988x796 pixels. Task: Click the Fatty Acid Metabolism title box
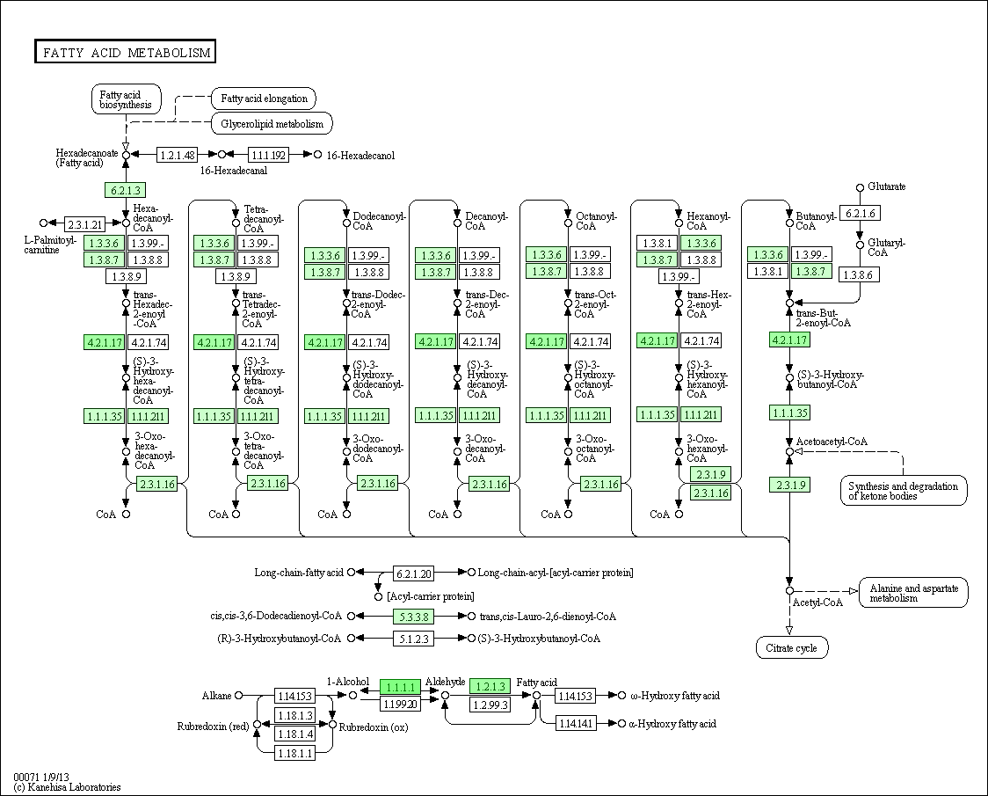[x=126, y=52]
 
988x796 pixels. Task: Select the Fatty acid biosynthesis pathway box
[x=126, y=99]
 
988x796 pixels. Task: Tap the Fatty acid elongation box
[x=264, y=99]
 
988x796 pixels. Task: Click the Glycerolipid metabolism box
[x=272, y=124]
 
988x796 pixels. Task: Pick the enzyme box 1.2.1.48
[x=177, y=155]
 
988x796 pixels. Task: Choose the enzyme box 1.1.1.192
[x=268, y=155]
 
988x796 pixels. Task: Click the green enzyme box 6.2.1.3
[x=126, y=190]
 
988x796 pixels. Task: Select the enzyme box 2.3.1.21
[x=85, y=224]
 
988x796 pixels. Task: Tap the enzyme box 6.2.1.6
[x=860, y=213]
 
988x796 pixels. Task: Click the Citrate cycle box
[x=792, y=647]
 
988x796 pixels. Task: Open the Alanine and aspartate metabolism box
[x=913, y=593]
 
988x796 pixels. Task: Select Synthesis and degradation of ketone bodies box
[x=904, y=491]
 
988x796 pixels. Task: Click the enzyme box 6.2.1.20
[x=414, y=573]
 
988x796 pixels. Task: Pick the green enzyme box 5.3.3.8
[x=414, y=617]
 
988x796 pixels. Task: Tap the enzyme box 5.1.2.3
[x=414, y=639]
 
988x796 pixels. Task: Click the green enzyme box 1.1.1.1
[x=400, y=687]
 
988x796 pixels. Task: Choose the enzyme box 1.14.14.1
[x=575, y=724]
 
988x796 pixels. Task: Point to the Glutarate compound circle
[x=860, y=187]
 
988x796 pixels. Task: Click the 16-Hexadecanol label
[x=360, y=155]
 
